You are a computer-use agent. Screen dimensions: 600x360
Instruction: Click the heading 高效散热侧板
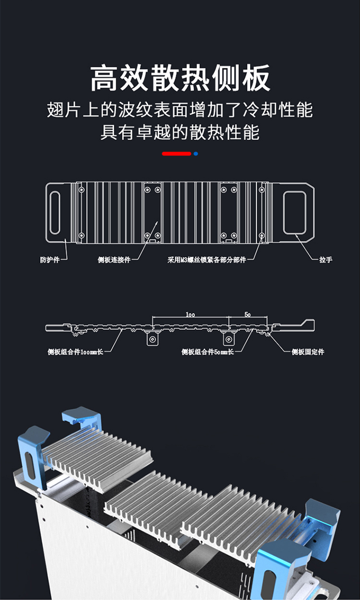[x=180, y=78]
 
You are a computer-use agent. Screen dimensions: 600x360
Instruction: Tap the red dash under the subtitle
[x=176, y=154]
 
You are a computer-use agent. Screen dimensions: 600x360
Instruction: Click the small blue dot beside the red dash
[x=195, y=154]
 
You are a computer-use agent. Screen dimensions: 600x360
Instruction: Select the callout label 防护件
[x=49, y=260]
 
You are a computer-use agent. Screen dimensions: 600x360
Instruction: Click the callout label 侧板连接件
[x=114, y=260]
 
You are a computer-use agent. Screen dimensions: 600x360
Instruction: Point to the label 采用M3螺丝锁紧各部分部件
[x=206, y=260]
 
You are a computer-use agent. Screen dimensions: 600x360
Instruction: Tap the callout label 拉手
[x=325, y=260]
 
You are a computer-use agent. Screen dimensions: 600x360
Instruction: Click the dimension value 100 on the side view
[x=190, y=315]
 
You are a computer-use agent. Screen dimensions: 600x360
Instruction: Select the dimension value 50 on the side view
[x=248, y=315]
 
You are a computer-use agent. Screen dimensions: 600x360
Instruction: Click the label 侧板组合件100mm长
[x=75, y=352]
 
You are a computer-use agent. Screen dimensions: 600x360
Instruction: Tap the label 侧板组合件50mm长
[x=207, y=352]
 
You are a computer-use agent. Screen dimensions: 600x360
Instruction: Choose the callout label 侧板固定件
[x=308, y=352]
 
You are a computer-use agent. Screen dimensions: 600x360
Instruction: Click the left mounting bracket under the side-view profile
[x=153, y=339]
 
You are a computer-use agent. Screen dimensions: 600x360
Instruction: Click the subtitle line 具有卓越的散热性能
[x=180, y=132]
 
